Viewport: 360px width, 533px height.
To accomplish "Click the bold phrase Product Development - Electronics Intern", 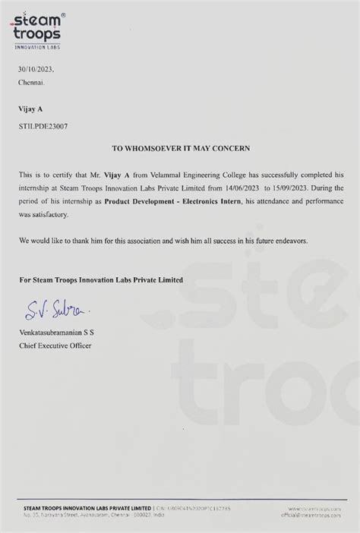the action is coord(179,198).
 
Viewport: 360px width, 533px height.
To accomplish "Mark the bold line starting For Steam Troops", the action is coord(101,279).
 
